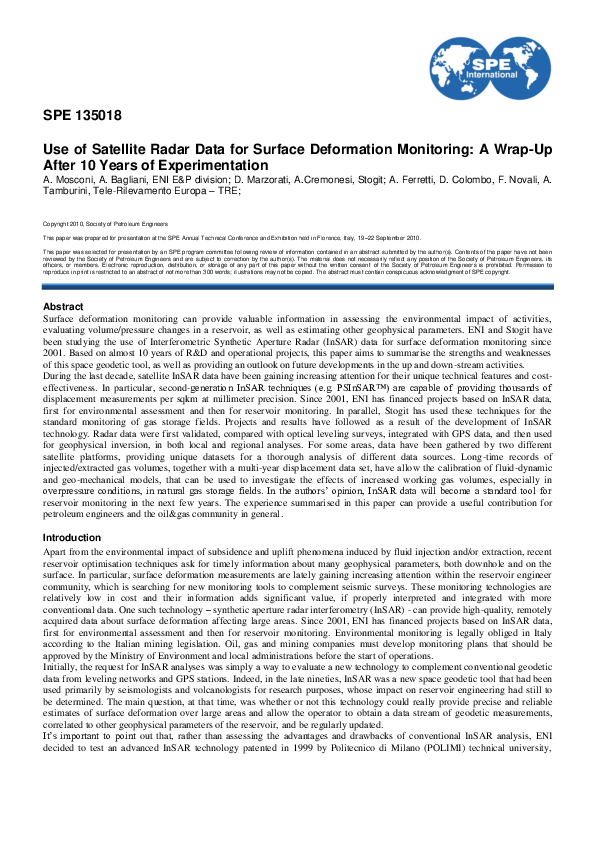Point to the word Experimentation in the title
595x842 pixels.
214,165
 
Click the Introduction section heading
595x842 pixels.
72,537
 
